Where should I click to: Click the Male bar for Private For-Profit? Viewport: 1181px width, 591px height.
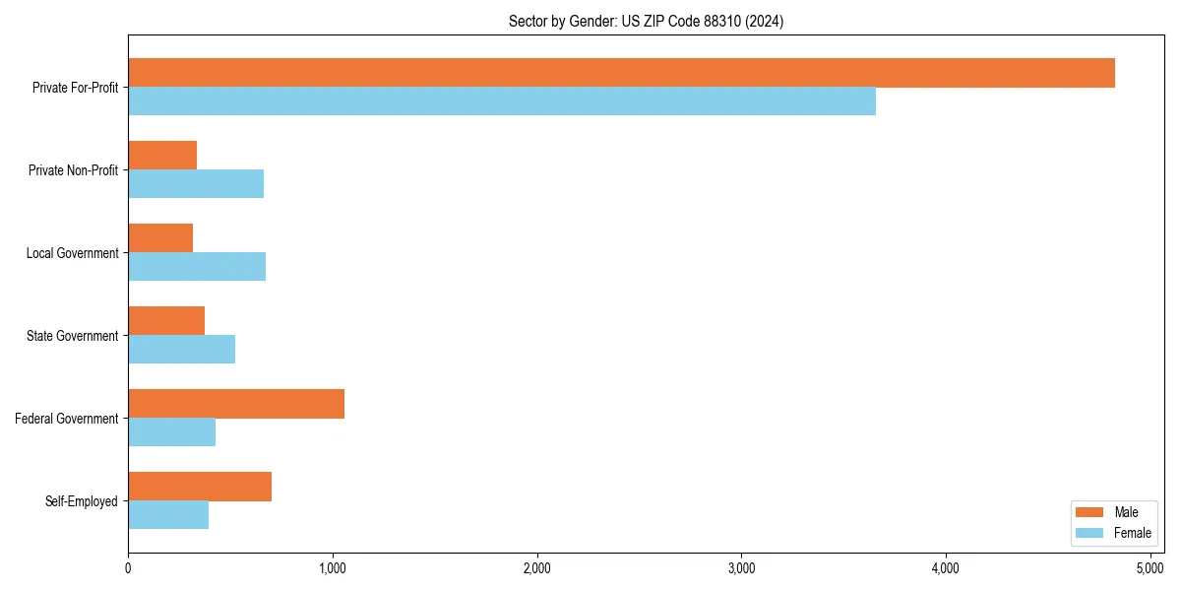[621, 73]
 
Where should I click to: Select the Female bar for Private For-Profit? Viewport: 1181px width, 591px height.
[502, 101]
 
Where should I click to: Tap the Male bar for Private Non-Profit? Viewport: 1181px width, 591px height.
[162, 156]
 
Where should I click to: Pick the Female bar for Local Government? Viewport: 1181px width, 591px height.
[197, 267]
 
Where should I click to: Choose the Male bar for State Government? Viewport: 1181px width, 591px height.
[166, 321]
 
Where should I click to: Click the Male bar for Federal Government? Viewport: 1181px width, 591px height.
[236, 404]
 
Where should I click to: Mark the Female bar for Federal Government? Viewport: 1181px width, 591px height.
[171, 432]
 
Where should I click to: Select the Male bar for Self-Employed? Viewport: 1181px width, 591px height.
[200, 487]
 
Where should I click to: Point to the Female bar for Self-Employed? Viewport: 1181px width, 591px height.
[168, 515]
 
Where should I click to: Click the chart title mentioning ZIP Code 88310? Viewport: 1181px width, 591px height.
[646, 22]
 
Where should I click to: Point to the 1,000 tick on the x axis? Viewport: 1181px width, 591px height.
[333, 568]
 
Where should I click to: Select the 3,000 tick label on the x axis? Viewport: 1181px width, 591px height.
[741, 568]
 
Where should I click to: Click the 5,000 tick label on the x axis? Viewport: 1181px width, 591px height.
[1150, 568]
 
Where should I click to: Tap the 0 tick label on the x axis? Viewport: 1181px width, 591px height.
[128, 568]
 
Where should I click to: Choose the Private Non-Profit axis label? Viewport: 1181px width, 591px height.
[73, 170]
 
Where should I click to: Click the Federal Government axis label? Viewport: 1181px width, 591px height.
[67, 419]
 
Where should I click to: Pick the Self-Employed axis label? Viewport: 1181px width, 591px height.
[82, 501]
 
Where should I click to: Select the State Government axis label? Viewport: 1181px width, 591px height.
[73, 336]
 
